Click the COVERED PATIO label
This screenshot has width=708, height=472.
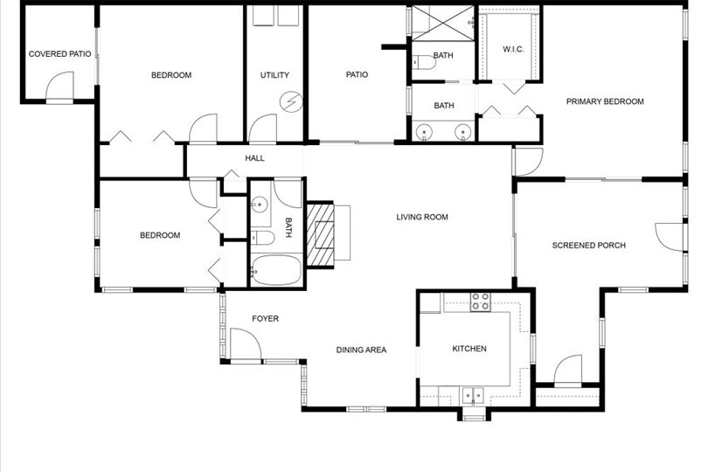coord(59,53)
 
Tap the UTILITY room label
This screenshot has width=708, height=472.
coord(274,75)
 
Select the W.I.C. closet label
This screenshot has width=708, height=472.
coord(513,49)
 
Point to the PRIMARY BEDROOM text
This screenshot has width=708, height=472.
coord(605,101)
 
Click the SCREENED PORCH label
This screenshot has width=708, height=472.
coord(589,246)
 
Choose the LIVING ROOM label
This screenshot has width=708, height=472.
coord(422,218)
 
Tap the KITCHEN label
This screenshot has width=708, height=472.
coord(469,349)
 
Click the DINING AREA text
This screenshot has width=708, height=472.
coord(361,350)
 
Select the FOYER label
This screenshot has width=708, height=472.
coord(265,319)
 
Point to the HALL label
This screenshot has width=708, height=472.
coord(254,158)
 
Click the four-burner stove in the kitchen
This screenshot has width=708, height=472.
coord(481,302)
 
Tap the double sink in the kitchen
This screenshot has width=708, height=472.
coord(473,396)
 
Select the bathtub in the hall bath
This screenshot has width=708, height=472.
coord(276,270)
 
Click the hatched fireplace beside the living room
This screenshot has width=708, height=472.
coord(320,235)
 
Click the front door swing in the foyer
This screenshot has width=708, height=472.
coord(246,344)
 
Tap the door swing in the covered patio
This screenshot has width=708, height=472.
coord(59,86)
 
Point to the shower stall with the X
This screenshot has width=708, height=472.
coord(443,23)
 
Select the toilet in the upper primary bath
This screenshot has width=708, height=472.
coord(424,62)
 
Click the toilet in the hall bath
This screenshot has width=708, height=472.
coord(262,238)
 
